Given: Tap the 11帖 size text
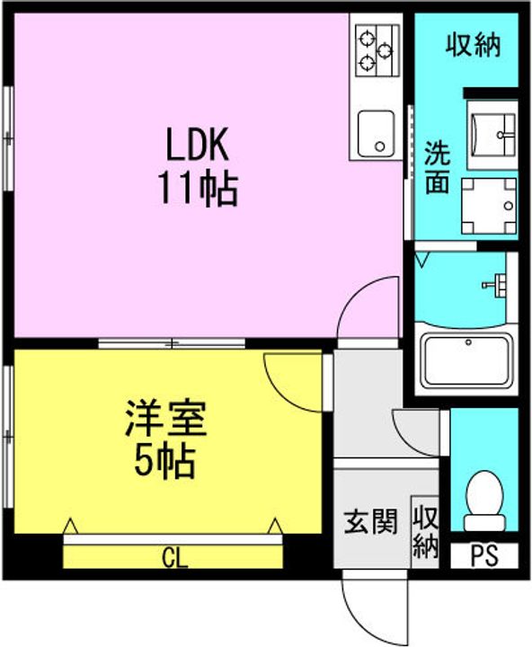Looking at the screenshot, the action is click(x=199, y=189).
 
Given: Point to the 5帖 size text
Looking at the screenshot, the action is click(x=165, y=460).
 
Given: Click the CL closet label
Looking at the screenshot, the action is click(x=174, y=558).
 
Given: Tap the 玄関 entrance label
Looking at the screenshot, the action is click(x=370, y=521).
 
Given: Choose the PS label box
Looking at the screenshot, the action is click(x=484, y=555).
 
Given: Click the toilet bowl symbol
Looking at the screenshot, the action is click(x=484, y=501).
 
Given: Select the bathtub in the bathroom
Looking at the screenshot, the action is click(x=466, y=359).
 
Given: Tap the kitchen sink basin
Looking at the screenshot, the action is click(x=376, y=133).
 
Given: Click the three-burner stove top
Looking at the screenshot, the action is click(x=377, y=50).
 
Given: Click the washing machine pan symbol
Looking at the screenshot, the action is click(x=489, y=206).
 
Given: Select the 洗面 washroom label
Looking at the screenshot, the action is click(x=437, y=168).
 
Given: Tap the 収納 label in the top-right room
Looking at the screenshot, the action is click(x=474, y=45).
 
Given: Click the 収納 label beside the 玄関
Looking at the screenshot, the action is click(x=425, y=532).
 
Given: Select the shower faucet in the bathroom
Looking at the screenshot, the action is click(x=494, y=285).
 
